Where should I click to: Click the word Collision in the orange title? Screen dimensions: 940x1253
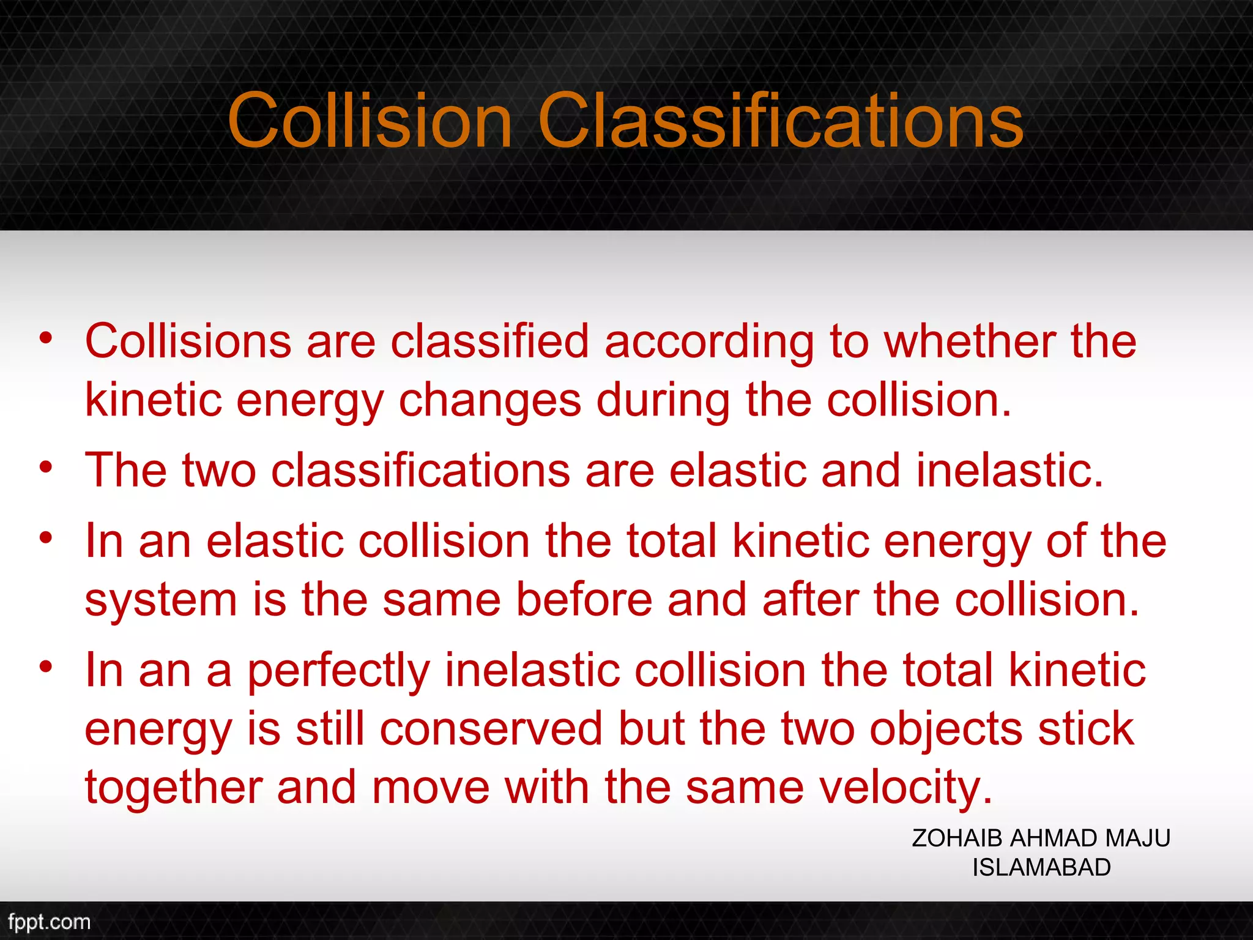coord(370,121)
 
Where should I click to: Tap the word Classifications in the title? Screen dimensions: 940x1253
coord(780,121)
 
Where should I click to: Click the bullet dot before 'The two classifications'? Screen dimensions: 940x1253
coord(46,468)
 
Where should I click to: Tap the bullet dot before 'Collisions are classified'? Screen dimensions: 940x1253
coord(46,338)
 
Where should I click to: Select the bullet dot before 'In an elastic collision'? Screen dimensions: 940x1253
coord(46,539)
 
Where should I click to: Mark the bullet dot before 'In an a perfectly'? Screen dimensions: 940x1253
coord(46,667)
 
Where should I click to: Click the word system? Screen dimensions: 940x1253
coord(161,601)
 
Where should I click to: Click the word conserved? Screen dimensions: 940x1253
coord(491,729)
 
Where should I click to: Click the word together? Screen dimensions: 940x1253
coord(174,789)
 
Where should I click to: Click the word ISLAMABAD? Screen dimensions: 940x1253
coord(1041,868)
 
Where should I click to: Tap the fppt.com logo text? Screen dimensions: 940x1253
coord(49,922)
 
